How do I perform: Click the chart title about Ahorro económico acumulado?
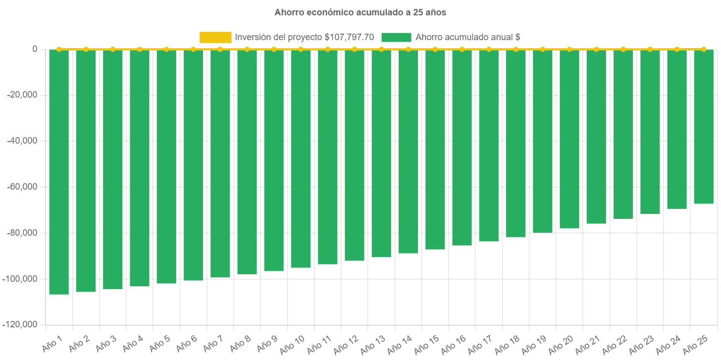tap(360, 13)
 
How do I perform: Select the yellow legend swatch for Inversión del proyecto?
tap(215, 37)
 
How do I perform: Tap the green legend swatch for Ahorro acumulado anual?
tap(396, 37)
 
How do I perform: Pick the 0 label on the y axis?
tap(35, 49)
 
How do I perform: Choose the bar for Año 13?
tap(381, 154)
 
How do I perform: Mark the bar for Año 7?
tap(220, 163)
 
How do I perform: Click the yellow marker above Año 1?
tap(59, 49)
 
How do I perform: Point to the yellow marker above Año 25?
tap(704, 49)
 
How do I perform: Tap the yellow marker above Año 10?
tap(301, 49)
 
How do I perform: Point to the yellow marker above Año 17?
tap(489, 49)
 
